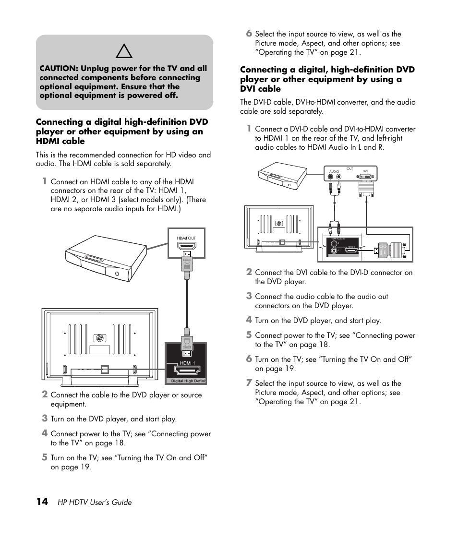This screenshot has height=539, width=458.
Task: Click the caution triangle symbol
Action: point(124,50)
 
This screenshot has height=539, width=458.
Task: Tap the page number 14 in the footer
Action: point(42,502)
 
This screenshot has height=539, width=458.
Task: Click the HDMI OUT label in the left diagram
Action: point(186,238)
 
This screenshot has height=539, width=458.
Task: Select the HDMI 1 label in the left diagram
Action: point(187,363)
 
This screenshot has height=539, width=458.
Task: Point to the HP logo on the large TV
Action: point(100,338)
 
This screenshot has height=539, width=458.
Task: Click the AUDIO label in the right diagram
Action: point(335,171)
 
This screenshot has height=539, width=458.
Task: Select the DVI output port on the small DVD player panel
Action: point(365,177)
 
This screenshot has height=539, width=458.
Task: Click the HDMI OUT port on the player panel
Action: point(186,247)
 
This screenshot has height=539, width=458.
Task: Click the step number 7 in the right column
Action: point(249,383)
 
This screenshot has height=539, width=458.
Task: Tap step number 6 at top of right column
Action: point(249,34)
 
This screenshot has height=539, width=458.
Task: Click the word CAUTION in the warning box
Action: point(59,69)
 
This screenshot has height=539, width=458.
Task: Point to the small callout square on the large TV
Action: point(105,370)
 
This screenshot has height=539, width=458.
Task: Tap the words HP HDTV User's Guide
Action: point(95,503)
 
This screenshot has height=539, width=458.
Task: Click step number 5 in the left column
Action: point(44,457)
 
